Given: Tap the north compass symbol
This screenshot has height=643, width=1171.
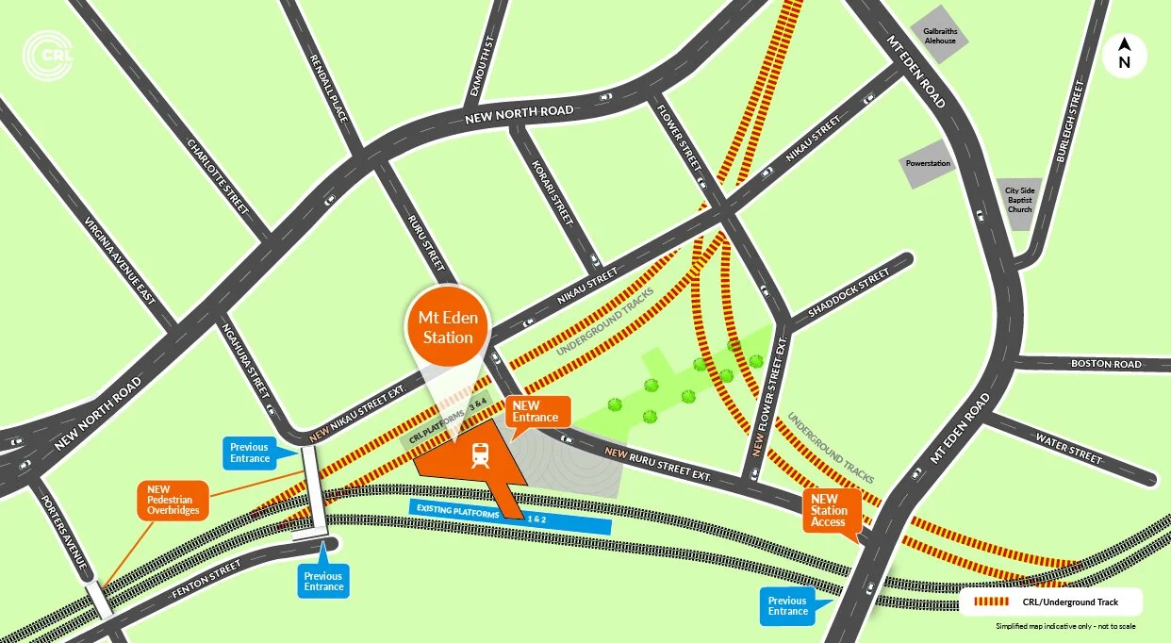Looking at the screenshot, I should (1124, 55).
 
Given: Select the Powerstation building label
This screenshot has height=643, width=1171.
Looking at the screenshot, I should (928, 163).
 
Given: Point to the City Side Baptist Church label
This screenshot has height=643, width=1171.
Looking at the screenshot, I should (1019, 200).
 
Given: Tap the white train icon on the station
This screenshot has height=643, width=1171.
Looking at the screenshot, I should (480, 456).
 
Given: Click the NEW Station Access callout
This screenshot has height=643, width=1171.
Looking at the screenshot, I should (829, 511).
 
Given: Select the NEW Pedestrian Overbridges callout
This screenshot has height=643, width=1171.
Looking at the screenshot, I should (173, 500).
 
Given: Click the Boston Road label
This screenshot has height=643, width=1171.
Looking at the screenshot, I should (1105, 364).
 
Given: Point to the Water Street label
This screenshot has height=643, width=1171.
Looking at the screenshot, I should (1068, 448).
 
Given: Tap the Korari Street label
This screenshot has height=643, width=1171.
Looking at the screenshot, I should (553, 192).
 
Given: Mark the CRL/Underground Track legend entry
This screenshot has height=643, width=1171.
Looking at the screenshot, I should (1052, 602).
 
